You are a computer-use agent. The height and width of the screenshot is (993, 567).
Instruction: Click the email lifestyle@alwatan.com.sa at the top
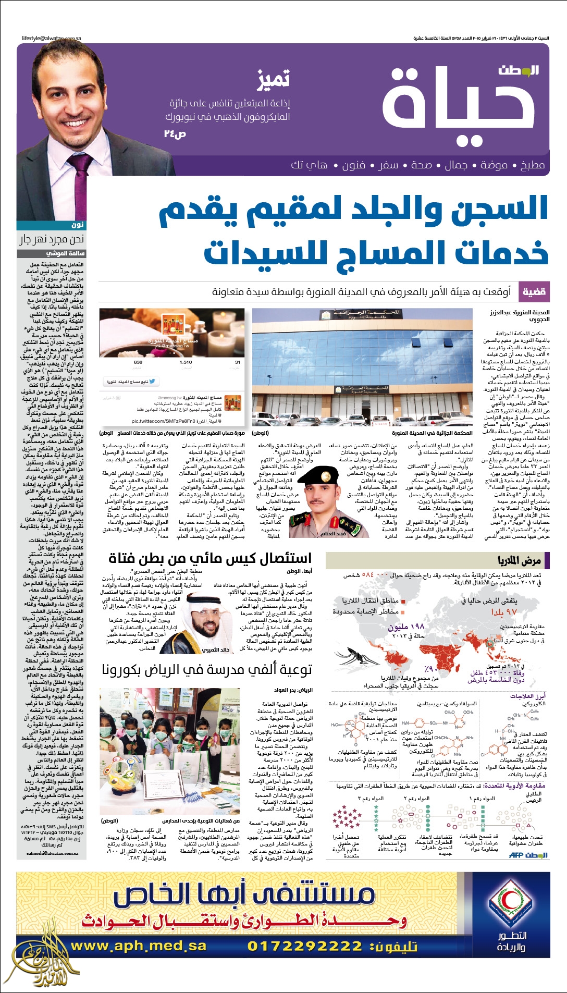(x=51, y=39)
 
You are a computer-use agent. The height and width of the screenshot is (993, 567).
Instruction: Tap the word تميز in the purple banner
(x=273, y=79)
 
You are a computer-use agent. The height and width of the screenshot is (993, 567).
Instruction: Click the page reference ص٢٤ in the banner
(x=175, y=134)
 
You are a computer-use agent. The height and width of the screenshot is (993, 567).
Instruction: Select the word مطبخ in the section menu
(x=532, y=165)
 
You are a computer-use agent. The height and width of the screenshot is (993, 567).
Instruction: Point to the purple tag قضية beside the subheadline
(x=534, y=292)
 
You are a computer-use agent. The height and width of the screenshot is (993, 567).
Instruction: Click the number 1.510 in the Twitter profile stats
(x=186, y=362)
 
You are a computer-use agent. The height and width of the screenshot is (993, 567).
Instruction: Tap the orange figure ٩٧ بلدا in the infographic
(x=504, y=611)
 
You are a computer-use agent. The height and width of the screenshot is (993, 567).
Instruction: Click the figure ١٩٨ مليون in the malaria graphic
(x=406, y=627)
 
